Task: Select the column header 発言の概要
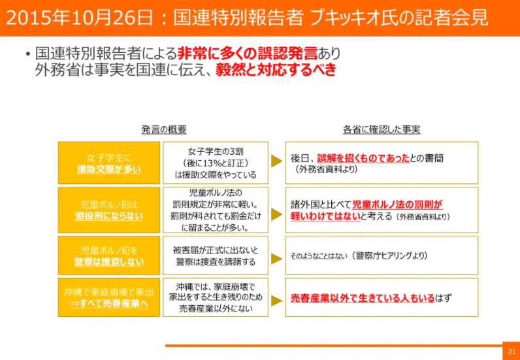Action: (164, 129)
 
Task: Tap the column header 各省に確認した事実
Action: (382, 129)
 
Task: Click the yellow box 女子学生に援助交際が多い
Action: (109, 163)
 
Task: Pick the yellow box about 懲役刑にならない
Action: (109, 210)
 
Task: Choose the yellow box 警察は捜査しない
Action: (109, 255)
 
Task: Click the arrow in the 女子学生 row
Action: (277, 163)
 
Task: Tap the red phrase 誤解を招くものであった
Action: (363, 158)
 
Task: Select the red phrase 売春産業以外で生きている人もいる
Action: (363, 299)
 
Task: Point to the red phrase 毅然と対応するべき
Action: (276, 69)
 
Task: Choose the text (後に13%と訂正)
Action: (215, 163)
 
